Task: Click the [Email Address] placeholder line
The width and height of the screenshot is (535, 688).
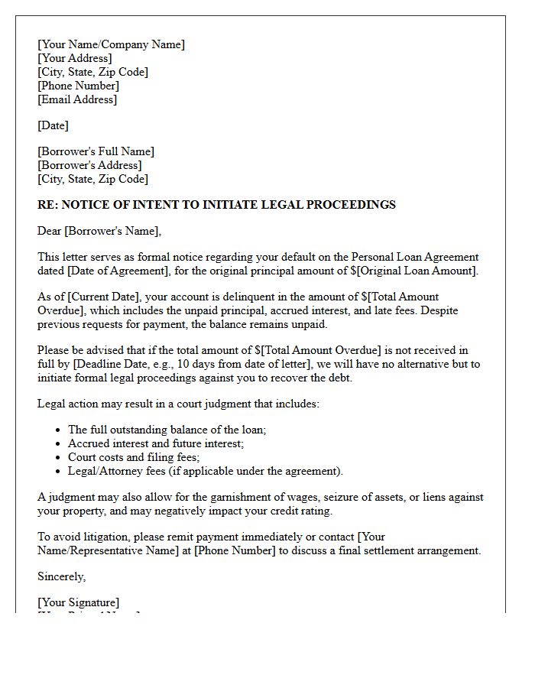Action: [x=77, y=99]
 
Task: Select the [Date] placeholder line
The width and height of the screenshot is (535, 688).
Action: [x=53, y=125]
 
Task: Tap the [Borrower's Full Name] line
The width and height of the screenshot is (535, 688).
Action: [x=96, y=151]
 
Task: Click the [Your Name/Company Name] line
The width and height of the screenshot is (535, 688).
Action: [x=111, y=44]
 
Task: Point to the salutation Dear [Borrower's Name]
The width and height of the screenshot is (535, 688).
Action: [x=99, y=231]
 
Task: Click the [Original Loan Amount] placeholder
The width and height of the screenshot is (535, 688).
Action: [x=423, y=271]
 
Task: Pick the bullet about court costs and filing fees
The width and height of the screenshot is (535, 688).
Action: [x=134, y=457]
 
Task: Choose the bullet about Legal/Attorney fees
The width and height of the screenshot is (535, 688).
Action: [x=206, y=471]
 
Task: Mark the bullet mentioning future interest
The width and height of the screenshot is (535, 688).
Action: [x=156, y=443]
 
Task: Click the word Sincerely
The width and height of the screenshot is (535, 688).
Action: [x=61, y=576]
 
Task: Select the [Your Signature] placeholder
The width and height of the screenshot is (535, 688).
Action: [x=78, y=602]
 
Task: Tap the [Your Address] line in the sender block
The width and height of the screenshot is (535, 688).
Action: [x=74, y=58]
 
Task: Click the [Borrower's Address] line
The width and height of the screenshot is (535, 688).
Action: [x=89, y=165]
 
